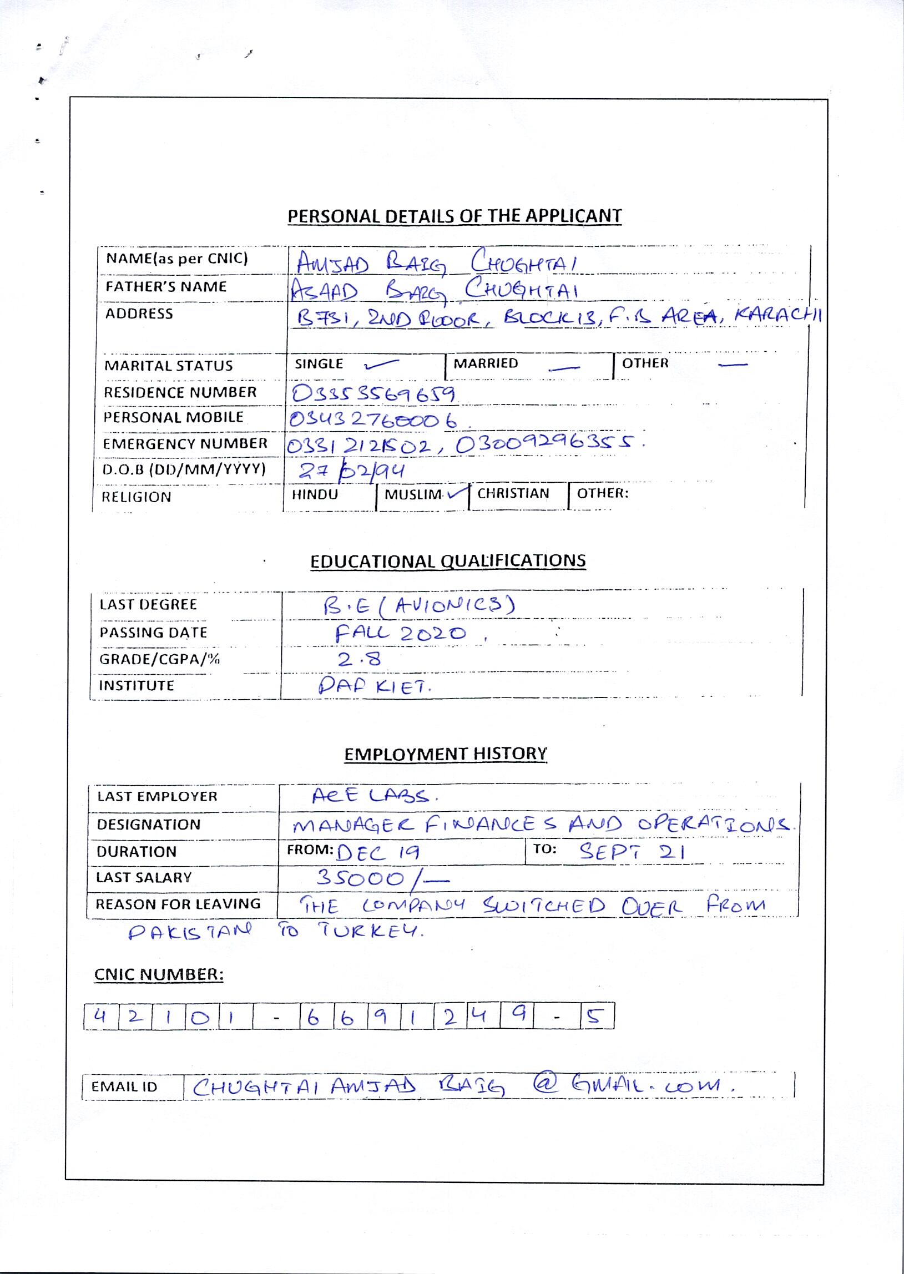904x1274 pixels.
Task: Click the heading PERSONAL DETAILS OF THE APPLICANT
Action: pyautogui.click(x=454, y=216)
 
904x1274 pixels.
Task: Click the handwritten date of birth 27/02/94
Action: pyautogui.click(x=351, y=471)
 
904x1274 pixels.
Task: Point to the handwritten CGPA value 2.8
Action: pyautogui.click(x=359, y=660)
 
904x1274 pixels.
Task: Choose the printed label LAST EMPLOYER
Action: pyautogui.click(x=157, y=796)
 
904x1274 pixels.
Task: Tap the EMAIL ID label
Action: pyautogui.click(x=124, y=1087)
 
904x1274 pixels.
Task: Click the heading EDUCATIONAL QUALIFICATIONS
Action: pyautogui.click(x=447, y=560)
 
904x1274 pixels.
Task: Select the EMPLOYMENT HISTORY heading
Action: pyautogui.click(x=445, y=754)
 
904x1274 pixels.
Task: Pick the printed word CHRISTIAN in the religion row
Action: pyautogui.click(x=513, y=494)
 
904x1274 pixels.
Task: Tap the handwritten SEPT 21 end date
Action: pyautogui.click(x=632, y=852)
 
